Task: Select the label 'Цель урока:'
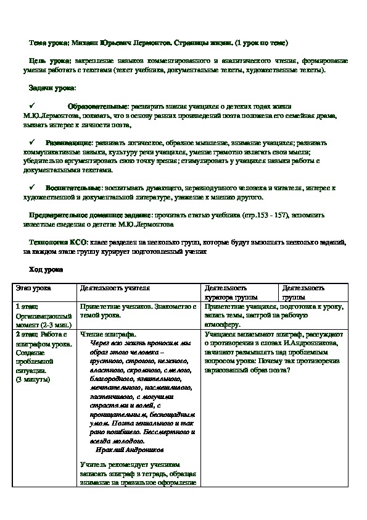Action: [50, 61]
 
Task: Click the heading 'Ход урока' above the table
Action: [46, 269]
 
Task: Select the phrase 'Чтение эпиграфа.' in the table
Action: [108, 333]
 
